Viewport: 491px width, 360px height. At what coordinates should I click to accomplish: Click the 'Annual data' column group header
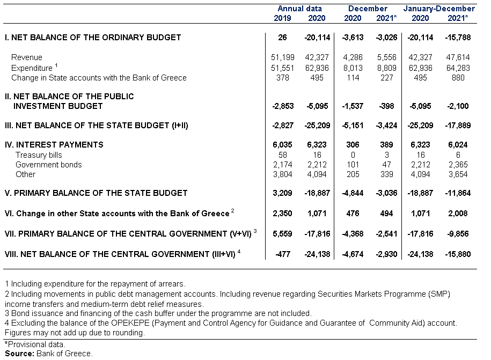[299, 9]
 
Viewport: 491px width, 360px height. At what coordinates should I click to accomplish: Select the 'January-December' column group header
[439, 9]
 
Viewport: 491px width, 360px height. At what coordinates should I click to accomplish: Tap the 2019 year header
[282, 18]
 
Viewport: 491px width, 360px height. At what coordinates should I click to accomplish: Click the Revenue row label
[27, 57]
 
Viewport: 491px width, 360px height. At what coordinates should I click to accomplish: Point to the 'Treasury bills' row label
[39, 155]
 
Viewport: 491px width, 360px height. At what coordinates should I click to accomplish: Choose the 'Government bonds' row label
[48, 165]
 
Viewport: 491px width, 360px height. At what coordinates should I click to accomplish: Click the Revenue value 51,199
[283, 57]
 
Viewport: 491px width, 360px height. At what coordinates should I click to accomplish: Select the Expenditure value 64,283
[458, 68]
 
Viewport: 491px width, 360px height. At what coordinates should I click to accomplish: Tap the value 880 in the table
[458, 78]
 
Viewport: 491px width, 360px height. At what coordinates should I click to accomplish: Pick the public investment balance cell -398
[386, 106]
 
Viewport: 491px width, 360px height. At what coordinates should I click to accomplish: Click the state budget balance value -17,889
[458, 126]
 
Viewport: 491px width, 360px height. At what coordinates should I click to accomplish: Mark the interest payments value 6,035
[282, 145]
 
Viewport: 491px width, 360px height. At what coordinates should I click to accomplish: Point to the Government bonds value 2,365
[458, 165]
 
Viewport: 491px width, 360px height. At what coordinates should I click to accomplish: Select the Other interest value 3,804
[283, 174]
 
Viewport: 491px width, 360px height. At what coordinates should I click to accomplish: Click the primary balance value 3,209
[282, 193]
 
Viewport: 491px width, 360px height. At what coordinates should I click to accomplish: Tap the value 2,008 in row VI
[458, 214]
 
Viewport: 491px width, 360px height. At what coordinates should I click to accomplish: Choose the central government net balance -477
[283, 254]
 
